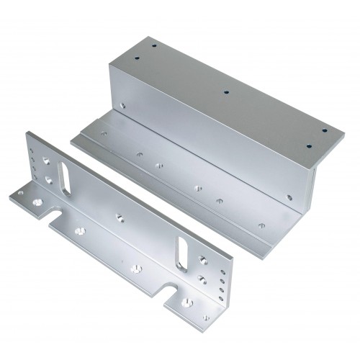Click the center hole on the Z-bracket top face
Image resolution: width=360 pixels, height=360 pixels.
(225, 92)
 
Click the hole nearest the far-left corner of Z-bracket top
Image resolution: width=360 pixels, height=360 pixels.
(153, 44)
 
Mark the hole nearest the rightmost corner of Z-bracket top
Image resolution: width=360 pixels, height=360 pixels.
(323, 131)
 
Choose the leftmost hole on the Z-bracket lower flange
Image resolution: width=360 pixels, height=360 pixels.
(104, 133)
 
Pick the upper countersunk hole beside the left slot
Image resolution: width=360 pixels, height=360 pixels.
(47, 162)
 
